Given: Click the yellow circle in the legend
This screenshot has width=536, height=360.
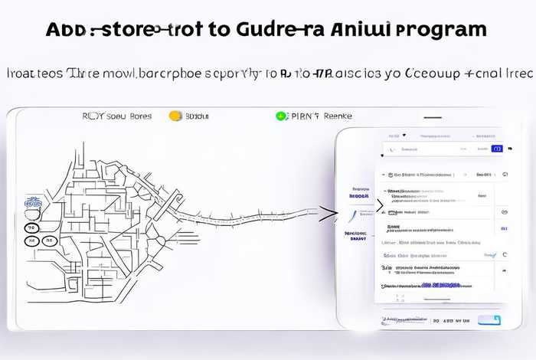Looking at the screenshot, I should pos(175,116).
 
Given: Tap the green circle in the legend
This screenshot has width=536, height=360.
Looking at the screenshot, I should pos(281,116).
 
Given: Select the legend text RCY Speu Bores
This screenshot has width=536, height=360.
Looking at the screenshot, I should pos(116,116).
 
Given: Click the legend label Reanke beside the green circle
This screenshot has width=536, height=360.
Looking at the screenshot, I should pos(338,116).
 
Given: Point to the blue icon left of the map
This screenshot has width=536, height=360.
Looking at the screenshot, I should pos(32,203).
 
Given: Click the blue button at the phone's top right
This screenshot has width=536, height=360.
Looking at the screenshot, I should pos(497,148).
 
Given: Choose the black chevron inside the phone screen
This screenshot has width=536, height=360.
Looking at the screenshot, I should pos(380,205).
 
